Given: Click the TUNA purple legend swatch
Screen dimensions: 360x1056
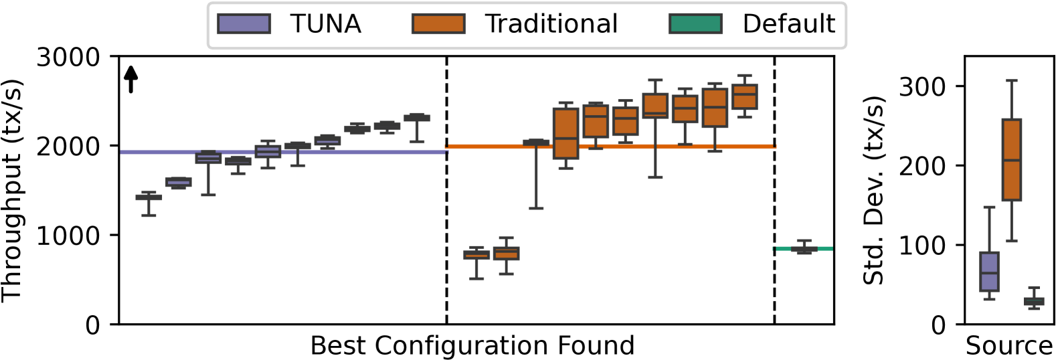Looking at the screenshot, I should pos(244,24).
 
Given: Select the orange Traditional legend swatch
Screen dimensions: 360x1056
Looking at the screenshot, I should pos(438,24).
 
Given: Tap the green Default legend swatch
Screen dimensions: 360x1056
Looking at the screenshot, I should pos(695,24).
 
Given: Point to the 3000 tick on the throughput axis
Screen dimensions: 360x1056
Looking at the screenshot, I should pos(68,58).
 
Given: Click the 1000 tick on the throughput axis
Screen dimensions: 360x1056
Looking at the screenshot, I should pos(68,236).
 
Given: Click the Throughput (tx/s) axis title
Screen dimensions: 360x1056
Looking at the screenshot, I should pos(12,191).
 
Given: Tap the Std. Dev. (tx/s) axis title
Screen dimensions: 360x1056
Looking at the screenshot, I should pos(873,191).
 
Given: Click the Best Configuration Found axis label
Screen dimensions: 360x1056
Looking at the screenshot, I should pos(472,346).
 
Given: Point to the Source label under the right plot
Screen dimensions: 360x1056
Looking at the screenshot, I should pos(1009,346).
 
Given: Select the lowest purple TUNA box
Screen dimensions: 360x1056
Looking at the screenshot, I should pos(149,197).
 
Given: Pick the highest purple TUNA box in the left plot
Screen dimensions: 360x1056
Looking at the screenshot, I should pos(417,118).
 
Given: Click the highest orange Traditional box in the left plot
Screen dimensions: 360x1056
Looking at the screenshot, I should pos(744,96).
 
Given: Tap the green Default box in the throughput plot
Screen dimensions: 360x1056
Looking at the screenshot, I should pos(804,249).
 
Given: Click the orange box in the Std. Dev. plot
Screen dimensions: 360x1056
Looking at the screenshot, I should pos(1011,159).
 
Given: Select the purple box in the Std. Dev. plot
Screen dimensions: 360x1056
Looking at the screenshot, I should pos(989,271).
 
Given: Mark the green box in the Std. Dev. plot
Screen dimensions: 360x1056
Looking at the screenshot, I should pos(1034,301).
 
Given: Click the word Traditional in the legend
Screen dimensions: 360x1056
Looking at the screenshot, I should pos(551,24).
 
